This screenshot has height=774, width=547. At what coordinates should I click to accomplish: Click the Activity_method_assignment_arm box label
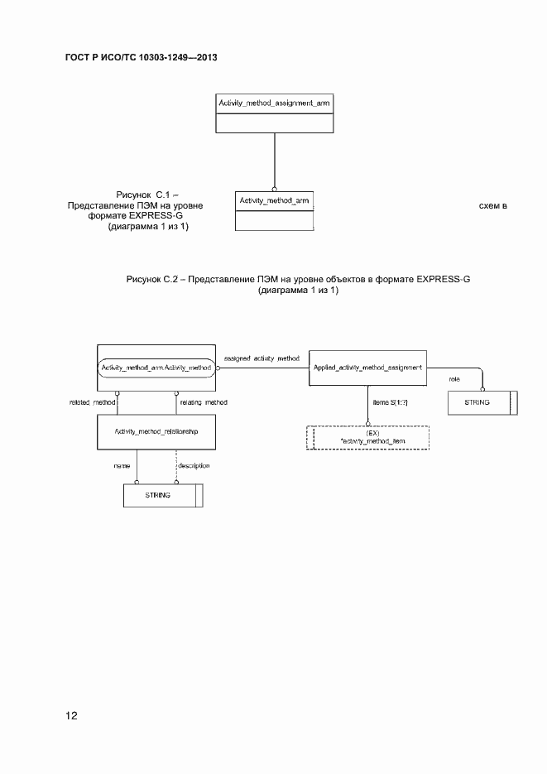[x=274, y=103]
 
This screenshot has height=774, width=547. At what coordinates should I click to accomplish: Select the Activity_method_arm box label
[x=274, y=201]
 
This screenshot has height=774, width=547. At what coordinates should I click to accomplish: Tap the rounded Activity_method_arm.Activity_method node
[x=156, y=368]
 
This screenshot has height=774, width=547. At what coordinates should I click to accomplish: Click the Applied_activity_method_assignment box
[x=368, y=367]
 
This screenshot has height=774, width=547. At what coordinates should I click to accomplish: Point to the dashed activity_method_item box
[x=368, y=437]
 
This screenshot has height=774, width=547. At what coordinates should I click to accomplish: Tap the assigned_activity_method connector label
[x=262, y=358]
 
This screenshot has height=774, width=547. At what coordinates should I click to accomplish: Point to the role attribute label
[x=454, y=378]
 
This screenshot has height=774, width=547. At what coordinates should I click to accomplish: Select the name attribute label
[x=121, y=465]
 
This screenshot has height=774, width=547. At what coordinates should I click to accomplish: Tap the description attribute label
[x=194, y=465]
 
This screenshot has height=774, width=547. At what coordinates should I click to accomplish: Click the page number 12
[x=70, y=715]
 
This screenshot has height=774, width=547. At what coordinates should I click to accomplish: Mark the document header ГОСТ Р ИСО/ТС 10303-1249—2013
[x=141, y=58]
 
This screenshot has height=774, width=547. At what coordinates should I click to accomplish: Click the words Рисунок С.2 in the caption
[x=152, y=279]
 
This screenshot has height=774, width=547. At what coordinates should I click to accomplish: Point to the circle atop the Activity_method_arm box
[x=274, y=187]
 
